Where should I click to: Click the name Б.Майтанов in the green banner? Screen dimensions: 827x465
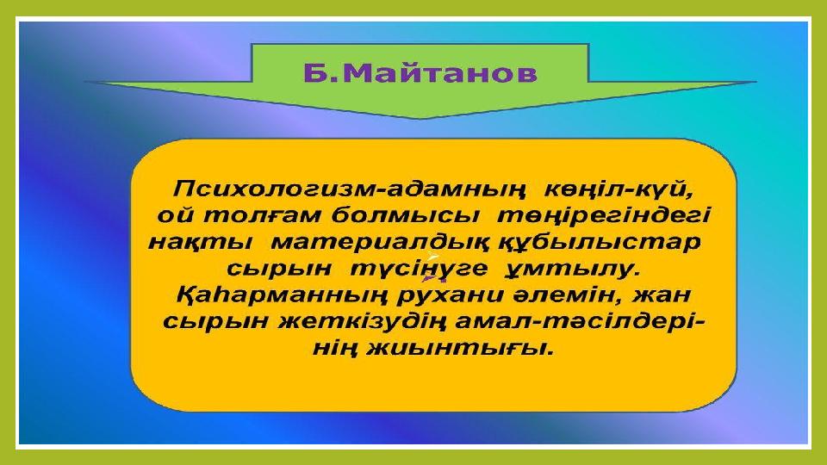tap(420, 72)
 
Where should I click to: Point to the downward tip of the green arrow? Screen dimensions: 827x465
tap(420, 119)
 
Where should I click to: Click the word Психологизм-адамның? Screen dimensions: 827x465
tap(350, 189)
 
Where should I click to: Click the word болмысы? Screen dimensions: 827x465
tap(406, 215)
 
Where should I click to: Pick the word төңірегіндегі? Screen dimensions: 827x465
tap(604, 216)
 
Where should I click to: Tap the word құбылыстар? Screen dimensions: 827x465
tap(600, 243)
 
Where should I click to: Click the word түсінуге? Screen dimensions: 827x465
tap(420, 270)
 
